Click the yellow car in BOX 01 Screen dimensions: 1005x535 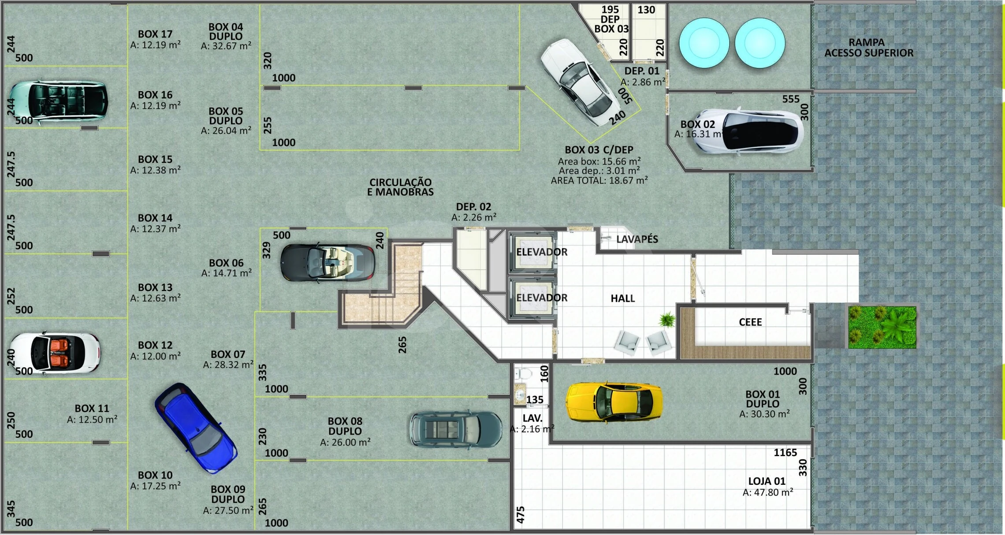click(614, 402)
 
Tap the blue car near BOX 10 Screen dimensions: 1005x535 click(196, 428)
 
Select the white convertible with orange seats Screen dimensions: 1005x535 click(55, 353)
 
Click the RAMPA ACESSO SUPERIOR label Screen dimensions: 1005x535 click(868, 48)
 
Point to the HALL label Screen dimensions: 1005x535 click(622, 298)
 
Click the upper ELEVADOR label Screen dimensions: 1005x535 click(542, 252)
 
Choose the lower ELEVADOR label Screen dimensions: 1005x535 click(542, 297)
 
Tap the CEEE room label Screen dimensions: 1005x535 click(750, 322)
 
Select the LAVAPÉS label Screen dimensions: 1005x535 click(637, 239)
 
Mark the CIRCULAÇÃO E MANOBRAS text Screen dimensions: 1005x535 click(400, 187)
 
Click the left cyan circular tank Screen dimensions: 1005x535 click(704, 43)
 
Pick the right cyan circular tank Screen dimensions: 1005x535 click(759, 43)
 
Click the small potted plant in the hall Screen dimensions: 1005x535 click(666, 319)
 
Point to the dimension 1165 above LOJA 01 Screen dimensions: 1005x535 click(785, 453)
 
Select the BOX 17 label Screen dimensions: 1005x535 click(155, 34)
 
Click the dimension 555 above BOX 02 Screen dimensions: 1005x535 click(791, 99)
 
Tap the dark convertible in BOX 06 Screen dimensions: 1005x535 click(328, 263)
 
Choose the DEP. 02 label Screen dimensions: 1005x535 click(473, 207)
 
